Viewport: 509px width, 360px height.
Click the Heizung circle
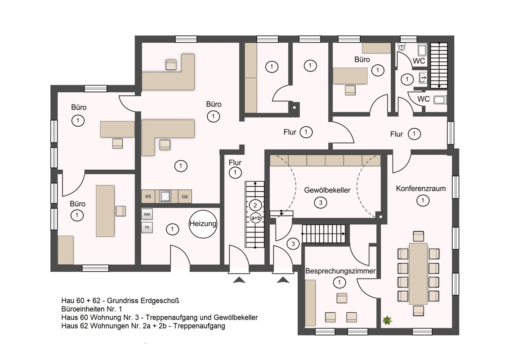203,224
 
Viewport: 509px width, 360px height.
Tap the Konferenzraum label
421,189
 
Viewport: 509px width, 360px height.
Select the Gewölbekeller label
327,190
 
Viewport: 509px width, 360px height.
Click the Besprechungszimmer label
340,271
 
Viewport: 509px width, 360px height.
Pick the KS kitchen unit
148,197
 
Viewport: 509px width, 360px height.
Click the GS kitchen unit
185,197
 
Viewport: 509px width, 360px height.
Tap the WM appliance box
147,215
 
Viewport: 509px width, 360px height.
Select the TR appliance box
147,227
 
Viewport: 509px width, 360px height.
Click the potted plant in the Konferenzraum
387,321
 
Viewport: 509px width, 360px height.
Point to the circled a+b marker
256,218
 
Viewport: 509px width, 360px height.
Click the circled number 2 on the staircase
255,205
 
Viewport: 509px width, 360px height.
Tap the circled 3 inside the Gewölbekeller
321,203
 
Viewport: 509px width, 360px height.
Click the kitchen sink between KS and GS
165,196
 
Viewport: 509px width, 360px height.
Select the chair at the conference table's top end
419,236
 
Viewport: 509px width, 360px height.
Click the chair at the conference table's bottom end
419,310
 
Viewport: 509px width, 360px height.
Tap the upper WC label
419,61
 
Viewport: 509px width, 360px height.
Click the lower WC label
423,99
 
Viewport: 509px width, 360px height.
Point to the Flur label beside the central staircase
235,163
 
